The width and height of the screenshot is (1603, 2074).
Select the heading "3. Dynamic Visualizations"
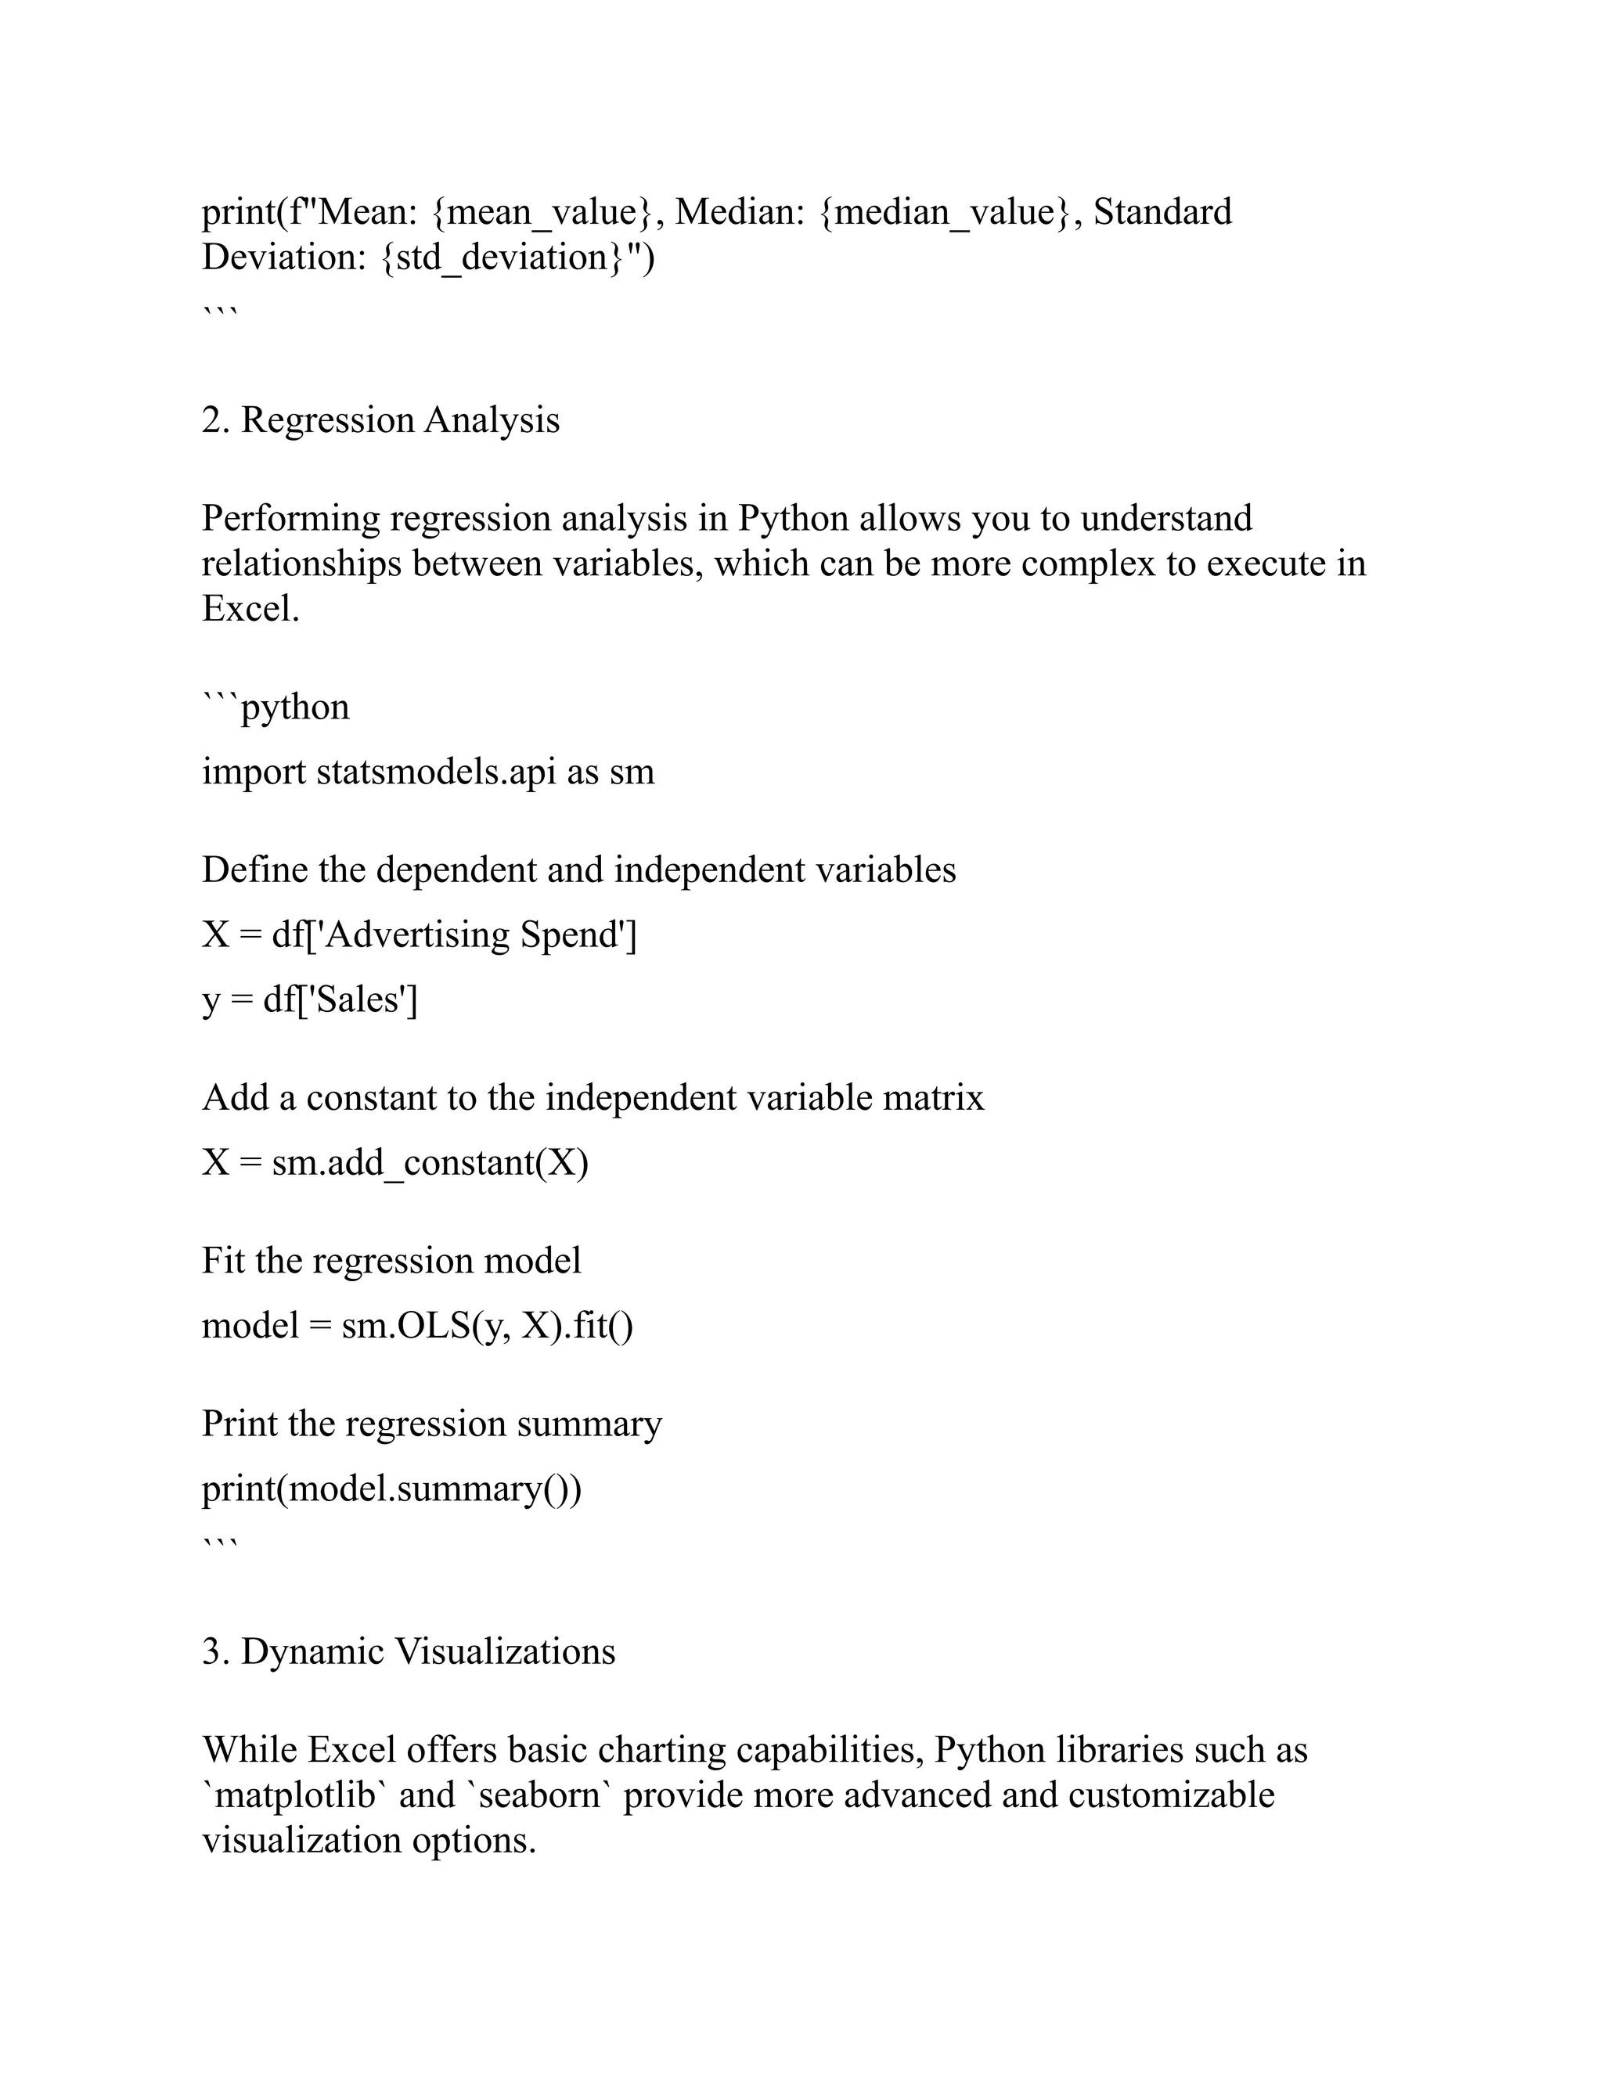409,1651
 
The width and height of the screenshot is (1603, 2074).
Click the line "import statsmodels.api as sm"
428,771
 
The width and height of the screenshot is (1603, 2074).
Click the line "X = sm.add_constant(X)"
395,1162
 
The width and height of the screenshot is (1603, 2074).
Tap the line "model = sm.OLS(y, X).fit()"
417,1325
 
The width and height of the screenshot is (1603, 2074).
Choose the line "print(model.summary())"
391,1488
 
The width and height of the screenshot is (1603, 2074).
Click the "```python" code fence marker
276,708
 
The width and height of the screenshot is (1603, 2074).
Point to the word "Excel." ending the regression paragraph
250,609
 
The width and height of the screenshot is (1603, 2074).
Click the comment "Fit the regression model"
391,1260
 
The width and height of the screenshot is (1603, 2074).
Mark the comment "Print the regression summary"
431,1424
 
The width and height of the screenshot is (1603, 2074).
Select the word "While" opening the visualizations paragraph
249,1750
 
